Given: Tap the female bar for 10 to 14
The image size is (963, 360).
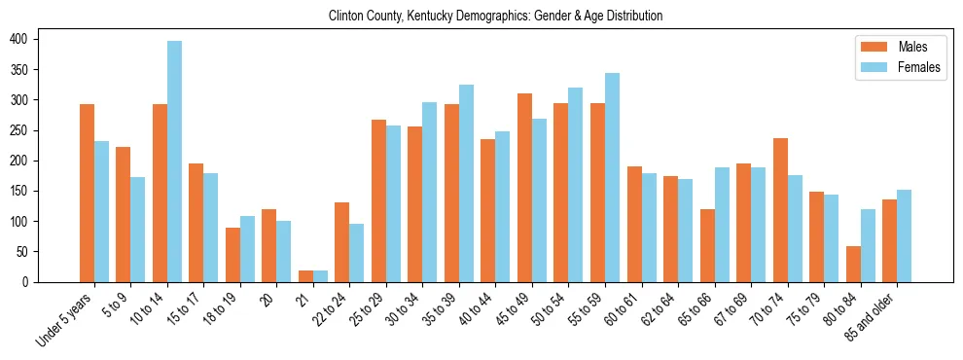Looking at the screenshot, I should tap(174, 162).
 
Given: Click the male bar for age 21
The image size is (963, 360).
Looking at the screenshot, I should tap(305, 276).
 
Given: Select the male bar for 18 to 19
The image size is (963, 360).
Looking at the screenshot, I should tap(232, 255).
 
